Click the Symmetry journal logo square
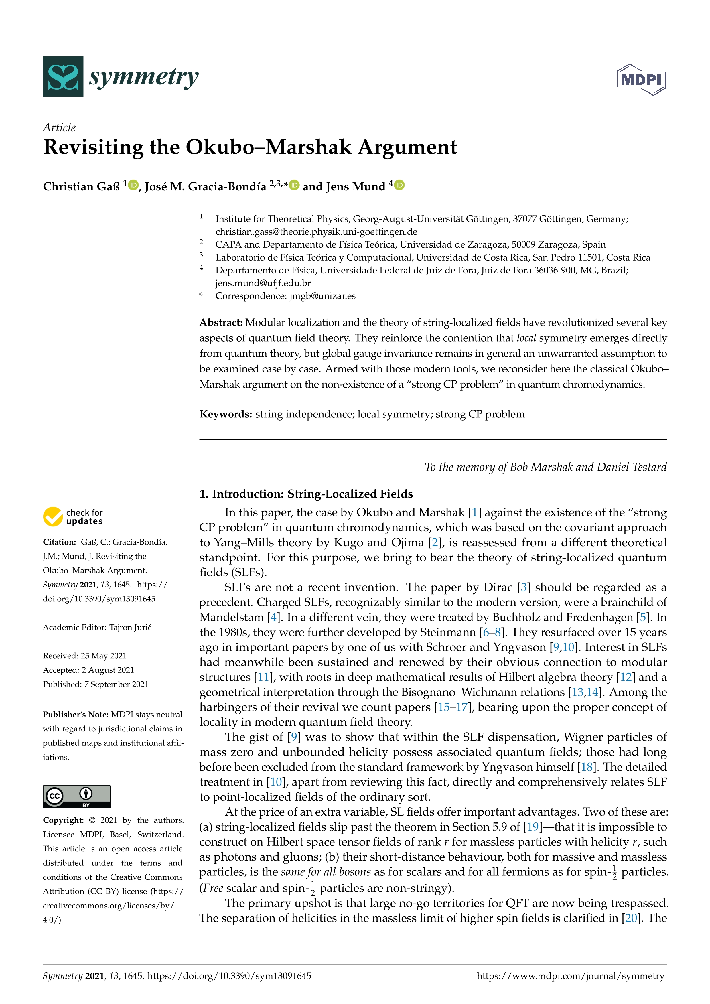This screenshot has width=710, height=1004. (x=63, y=76)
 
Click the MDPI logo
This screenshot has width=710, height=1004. (x=641, y=80)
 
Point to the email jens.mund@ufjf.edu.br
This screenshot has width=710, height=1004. (x=263, y=283)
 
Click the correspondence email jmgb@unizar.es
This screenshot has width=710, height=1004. (x=322, y=296)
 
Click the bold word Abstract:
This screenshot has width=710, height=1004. (x=221, y=323)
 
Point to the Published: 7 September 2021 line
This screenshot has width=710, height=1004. (x=95, y=684)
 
